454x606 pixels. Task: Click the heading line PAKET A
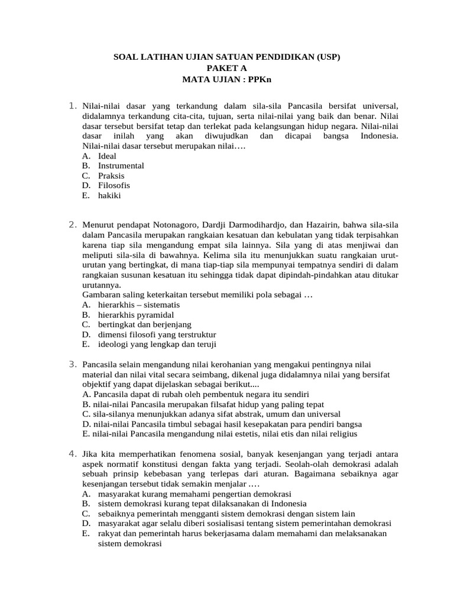(x=227, y=68)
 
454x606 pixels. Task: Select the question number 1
(x=72, y=106)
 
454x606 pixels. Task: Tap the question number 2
(x=72, y=224)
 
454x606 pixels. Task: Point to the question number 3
(x=72, y=363)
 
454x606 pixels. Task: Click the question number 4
(x=72, y=453)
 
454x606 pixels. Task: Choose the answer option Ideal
(x=107, y=156)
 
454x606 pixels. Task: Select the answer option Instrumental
(x=121, y=166)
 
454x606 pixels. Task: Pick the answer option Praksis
(x=111, y=176)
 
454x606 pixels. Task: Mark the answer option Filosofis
(x=113, y=185)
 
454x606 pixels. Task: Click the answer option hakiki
(x=109, y=195)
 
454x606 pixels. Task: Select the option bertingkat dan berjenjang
(x=142, y=324)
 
